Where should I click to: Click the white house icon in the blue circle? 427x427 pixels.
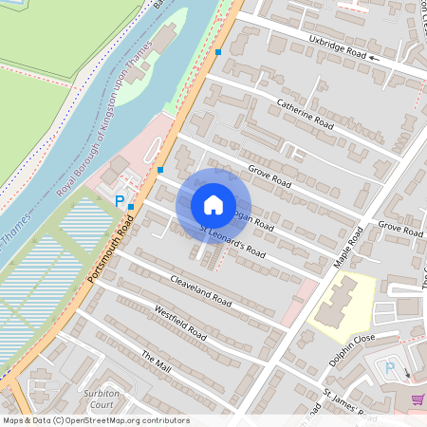tap(213, 204)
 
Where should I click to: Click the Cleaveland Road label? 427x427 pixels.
tap(200, 288)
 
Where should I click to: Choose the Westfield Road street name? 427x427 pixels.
tap(179, 322)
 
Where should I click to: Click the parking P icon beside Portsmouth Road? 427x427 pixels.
tap(120, 201)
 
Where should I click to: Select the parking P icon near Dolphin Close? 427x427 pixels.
tap(388, 368)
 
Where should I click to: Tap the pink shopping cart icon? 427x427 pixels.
tap(418, 400)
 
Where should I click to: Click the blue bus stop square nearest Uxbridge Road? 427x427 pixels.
tap(219, 51)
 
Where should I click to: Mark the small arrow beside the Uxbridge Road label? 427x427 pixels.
tap(375, 58)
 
